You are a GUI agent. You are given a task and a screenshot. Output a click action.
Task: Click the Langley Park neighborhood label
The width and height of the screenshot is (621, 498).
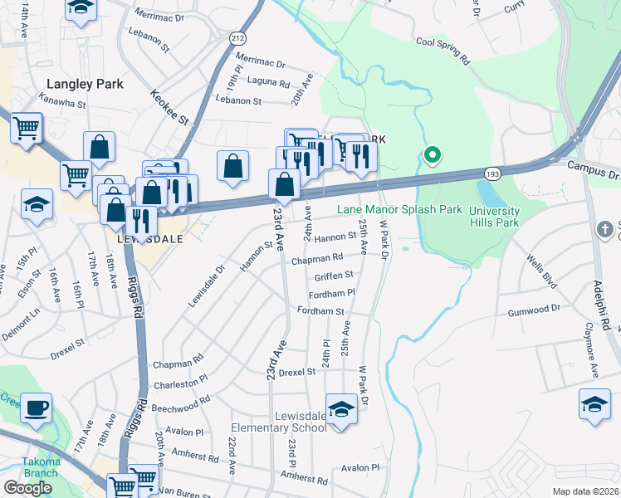(85, 84)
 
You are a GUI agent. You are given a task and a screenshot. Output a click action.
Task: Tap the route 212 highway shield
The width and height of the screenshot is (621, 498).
(237, 38)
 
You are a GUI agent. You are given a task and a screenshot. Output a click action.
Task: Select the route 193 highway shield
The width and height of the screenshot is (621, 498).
(491, 173)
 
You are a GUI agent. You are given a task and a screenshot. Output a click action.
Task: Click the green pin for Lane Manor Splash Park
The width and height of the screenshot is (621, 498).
(432, 154)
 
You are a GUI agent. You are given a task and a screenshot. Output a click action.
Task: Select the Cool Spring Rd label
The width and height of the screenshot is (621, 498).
(443, 51)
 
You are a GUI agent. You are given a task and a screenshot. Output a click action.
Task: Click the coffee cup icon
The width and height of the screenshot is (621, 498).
(37, 408)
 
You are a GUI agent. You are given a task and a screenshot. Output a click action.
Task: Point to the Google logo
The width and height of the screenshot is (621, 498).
(27, 487)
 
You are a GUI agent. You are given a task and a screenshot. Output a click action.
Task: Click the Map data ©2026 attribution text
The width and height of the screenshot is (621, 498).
(585, 491)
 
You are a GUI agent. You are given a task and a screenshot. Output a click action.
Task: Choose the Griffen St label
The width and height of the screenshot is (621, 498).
(335, 275)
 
